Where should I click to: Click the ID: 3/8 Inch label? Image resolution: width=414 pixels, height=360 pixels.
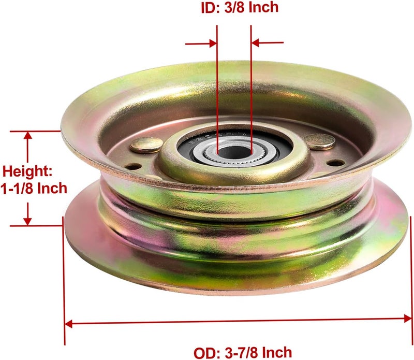point(240,7)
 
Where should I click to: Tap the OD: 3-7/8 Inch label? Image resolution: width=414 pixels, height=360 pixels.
point(243,353)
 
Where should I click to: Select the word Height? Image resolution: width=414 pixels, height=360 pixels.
point(27,172)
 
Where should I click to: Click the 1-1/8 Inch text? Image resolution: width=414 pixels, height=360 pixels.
point(34,188)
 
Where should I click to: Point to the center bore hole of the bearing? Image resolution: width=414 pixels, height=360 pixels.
point(233,152)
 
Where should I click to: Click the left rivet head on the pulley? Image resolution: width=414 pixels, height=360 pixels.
point(146,145)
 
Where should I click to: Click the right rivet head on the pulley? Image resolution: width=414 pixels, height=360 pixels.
point(319,141)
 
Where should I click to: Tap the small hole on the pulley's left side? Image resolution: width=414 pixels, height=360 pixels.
point(133,166)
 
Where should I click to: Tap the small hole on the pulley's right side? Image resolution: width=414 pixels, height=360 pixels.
point(335,163)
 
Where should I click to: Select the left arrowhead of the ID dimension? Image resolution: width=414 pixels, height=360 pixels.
point(213,44)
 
